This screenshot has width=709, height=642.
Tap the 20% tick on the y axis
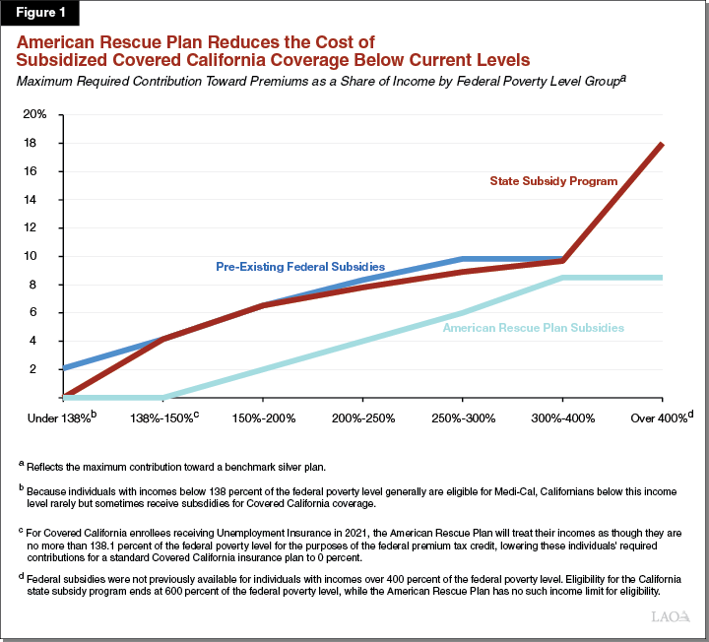click(x=35, y=114)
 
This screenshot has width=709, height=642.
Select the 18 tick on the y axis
click(x=40, y=143)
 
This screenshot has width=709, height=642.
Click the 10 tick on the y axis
click(x=40, y=256)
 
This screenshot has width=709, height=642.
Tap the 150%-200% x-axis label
click(x=263, y=417)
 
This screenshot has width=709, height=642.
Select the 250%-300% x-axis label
click(x=463, y=417)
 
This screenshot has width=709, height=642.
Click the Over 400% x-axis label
click(x=661, y=417)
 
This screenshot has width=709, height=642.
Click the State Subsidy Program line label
click(x=553, y=181)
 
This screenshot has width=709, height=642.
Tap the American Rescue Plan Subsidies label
click(x=533, y=327)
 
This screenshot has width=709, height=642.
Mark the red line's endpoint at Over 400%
click(x=662, y=144)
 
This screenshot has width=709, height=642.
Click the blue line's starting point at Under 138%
click(x=63, y=368)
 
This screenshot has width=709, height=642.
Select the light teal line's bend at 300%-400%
click(x=562, y=278)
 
